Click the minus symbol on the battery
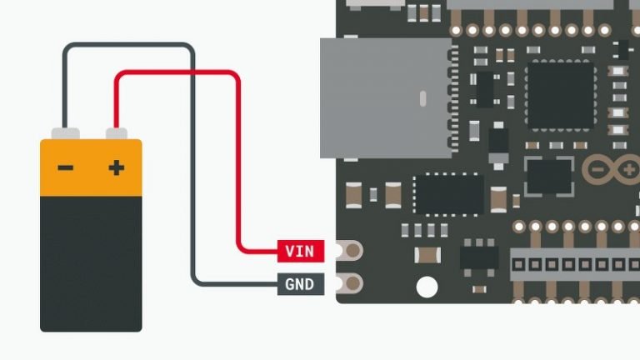pos(65,168)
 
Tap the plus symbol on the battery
pos(117,168)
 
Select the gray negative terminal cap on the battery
pos(65,132)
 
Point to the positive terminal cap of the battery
pos(117,132)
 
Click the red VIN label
pos(299,250)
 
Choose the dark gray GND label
pos(299,284)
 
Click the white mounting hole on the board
pos(427,287)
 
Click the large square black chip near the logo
pos(561,95)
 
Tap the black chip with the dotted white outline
pos(448,193)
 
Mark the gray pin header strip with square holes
pos(574,263)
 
